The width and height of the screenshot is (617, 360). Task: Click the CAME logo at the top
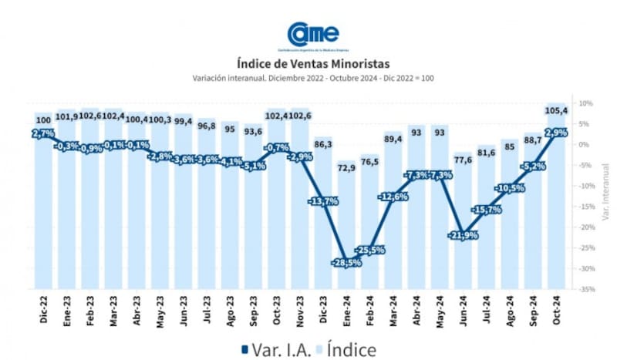(x=312, y=35)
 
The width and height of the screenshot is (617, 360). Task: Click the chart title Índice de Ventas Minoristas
(x=312, y=63)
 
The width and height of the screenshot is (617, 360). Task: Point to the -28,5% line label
(x=346, y=263)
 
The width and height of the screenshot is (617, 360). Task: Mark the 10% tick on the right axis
(x=585, y=103)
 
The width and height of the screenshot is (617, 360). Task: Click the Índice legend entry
(x=342, y=349)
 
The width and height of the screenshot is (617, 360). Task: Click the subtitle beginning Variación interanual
(x=312, y=78)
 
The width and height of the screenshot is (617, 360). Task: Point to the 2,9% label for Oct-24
(x=555, y=133)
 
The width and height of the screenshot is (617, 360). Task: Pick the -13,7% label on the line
(x=322, y=201)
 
